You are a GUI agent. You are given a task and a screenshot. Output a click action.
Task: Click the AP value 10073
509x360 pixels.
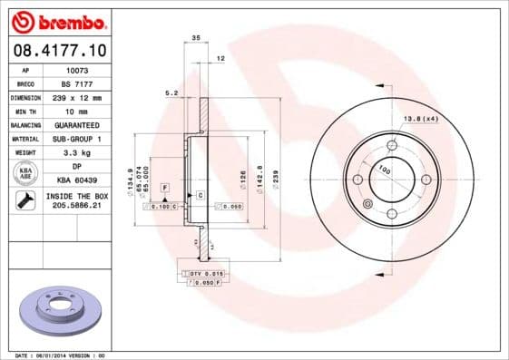[x=77, y=68]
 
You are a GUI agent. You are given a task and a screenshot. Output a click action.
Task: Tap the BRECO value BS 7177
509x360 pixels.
[x=77, y=82]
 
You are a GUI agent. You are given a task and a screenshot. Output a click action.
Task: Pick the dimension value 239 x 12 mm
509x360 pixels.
[x=77, y=96]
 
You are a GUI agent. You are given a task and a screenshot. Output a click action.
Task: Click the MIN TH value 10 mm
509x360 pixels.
[x=77, y=110]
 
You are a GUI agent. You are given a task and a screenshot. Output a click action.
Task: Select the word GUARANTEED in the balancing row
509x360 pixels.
[x=77, y=124]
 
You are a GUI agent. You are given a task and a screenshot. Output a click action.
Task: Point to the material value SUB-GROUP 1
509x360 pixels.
[x=77, y=139]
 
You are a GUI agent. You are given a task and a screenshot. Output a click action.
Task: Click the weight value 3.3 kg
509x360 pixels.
[x=77, y=153]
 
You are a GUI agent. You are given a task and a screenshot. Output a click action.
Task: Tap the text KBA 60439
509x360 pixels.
[x=77, y=180]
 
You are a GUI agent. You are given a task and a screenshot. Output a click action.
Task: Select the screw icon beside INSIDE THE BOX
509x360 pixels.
[x=24, y=200]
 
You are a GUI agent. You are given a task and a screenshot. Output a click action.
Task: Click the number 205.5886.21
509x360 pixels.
[x=77, y=207]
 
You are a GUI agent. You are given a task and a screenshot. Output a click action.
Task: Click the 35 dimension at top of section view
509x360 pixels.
[x=196, y=38]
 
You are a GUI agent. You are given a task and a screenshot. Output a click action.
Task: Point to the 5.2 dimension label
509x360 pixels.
[x=170, y=92]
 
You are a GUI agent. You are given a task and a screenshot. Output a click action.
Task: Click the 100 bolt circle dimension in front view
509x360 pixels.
[x=384, y=170]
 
